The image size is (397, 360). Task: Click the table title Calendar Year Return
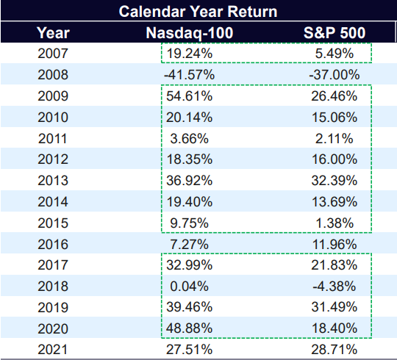[x=198, y=12]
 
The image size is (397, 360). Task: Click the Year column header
[x=54, y=33]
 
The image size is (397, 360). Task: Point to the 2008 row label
[x=54, y=74]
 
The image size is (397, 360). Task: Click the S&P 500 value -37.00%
[x=335, y=74]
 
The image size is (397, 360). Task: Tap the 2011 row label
[x=54, y=137]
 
